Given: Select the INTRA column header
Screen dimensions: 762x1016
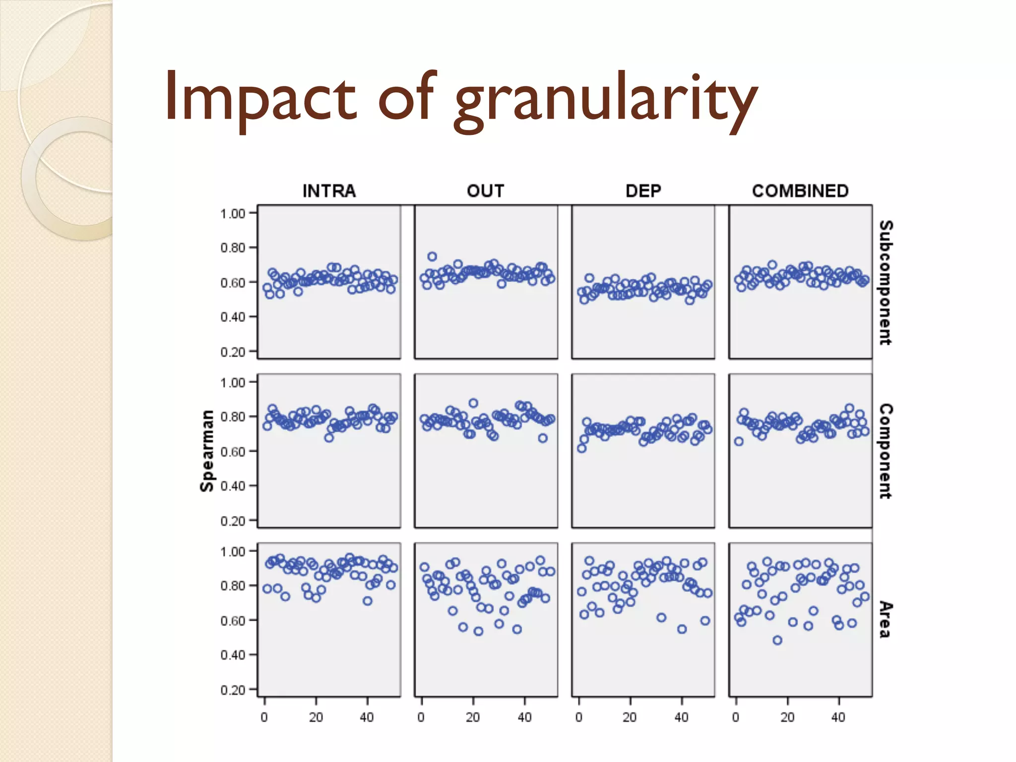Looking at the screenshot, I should tap(329, 191).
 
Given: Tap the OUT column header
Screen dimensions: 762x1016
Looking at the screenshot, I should tap(485, 191).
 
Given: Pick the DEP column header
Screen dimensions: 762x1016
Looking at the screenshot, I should tap(643, 191).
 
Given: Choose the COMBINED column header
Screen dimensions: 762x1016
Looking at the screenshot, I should tap(800, 191).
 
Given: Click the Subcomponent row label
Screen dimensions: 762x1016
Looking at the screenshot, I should tap(886, 282).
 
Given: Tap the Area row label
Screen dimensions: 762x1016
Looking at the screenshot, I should tap(886, 620).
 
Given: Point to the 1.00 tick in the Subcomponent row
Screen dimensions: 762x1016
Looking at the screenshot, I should tap(233, 214).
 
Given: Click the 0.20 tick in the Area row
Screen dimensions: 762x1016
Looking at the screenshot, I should tap(233, 690).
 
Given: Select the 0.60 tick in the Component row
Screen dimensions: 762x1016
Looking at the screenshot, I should tap(233, 451).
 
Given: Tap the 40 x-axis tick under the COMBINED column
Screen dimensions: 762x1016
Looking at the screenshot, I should tap(838, 717).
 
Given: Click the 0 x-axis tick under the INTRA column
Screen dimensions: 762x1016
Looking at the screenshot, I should tap(264, 717).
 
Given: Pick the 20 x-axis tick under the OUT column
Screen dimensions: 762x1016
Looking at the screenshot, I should tap(473, 717).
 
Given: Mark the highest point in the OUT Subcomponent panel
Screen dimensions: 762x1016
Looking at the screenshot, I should tap(432, 256).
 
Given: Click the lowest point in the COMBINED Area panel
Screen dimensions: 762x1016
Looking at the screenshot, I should tap(777, 640).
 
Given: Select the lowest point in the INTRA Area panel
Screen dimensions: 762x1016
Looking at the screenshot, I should tap(367, 601).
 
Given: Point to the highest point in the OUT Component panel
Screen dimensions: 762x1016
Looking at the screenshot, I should tap(473, 403).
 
